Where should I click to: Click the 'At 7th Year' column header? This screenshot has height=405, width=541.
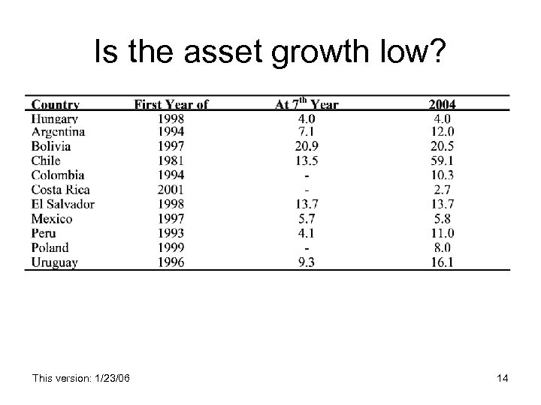pyautogui.click(x=307, y=104)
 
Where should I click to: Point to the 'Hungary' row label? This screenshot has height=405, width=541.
pyautogui.click(x=55, y=118)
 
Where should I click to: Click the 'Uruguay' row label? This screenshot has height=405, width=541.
pyautogui.click(x=55, y=262)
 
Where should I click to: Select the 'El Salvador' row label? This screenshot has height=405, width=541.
pyautogui.click(x=63, y=204)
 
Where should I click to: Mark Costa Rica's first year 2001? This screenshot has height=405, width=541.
pyautogui.click(x=171, y=190)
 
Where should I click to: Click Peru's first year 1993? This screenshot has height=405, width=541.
pyautogui.click(x=171, y=233)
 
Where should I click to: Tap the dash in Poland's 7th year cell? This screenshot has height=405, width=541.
pyautogui.click(x=307, y=247)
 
